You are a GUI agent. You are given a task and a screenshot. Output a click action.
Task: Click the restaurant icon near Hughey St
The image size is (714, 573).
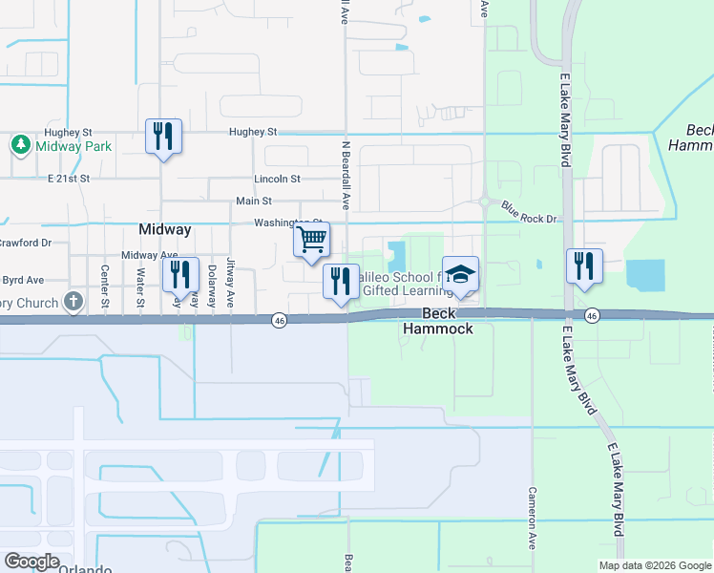click(163, 136)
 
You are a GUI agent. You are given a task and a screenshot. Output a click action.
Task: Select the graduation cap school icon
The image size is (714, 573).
click(460, 274)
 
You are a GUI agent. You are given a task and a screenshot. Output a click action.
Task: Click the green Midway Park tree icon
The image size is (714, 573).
click(19, 145)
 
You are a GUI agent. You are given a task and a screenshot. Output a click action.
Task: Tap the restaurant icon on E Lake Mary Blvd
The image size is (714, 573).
click(583, 265)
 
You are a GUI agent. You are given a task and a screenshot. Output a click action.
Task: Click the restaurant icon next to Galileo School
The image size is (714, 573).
click(341, 281)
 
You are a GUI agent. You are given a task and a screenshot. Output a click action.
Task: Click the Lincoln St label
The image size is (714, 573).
click(277, 179)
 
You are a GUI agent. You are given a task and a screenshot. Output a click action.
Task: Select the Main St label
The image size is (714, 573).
click(254, 202)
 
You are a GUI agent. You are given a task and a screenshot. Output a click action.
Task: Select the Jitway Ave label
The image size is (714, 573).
click(230, 284)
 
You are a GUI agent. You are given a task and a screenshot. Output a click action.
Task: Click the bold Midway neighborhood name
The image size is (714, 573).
click(165, 229)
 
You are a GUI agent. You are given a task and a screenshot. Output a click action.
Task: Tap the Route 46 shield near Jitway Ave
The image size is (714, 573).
click(279, 318)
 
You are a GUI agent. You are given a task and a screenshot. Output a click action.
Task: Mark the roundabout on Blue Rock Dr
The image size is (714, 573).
click(485, 202)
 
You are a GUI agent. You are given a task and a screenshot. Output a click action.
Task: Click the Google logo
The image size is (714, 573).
click(31, 562)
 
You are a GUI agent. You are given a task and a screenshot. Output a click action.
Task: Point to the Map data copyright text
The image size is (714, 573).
click(655, 565)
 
